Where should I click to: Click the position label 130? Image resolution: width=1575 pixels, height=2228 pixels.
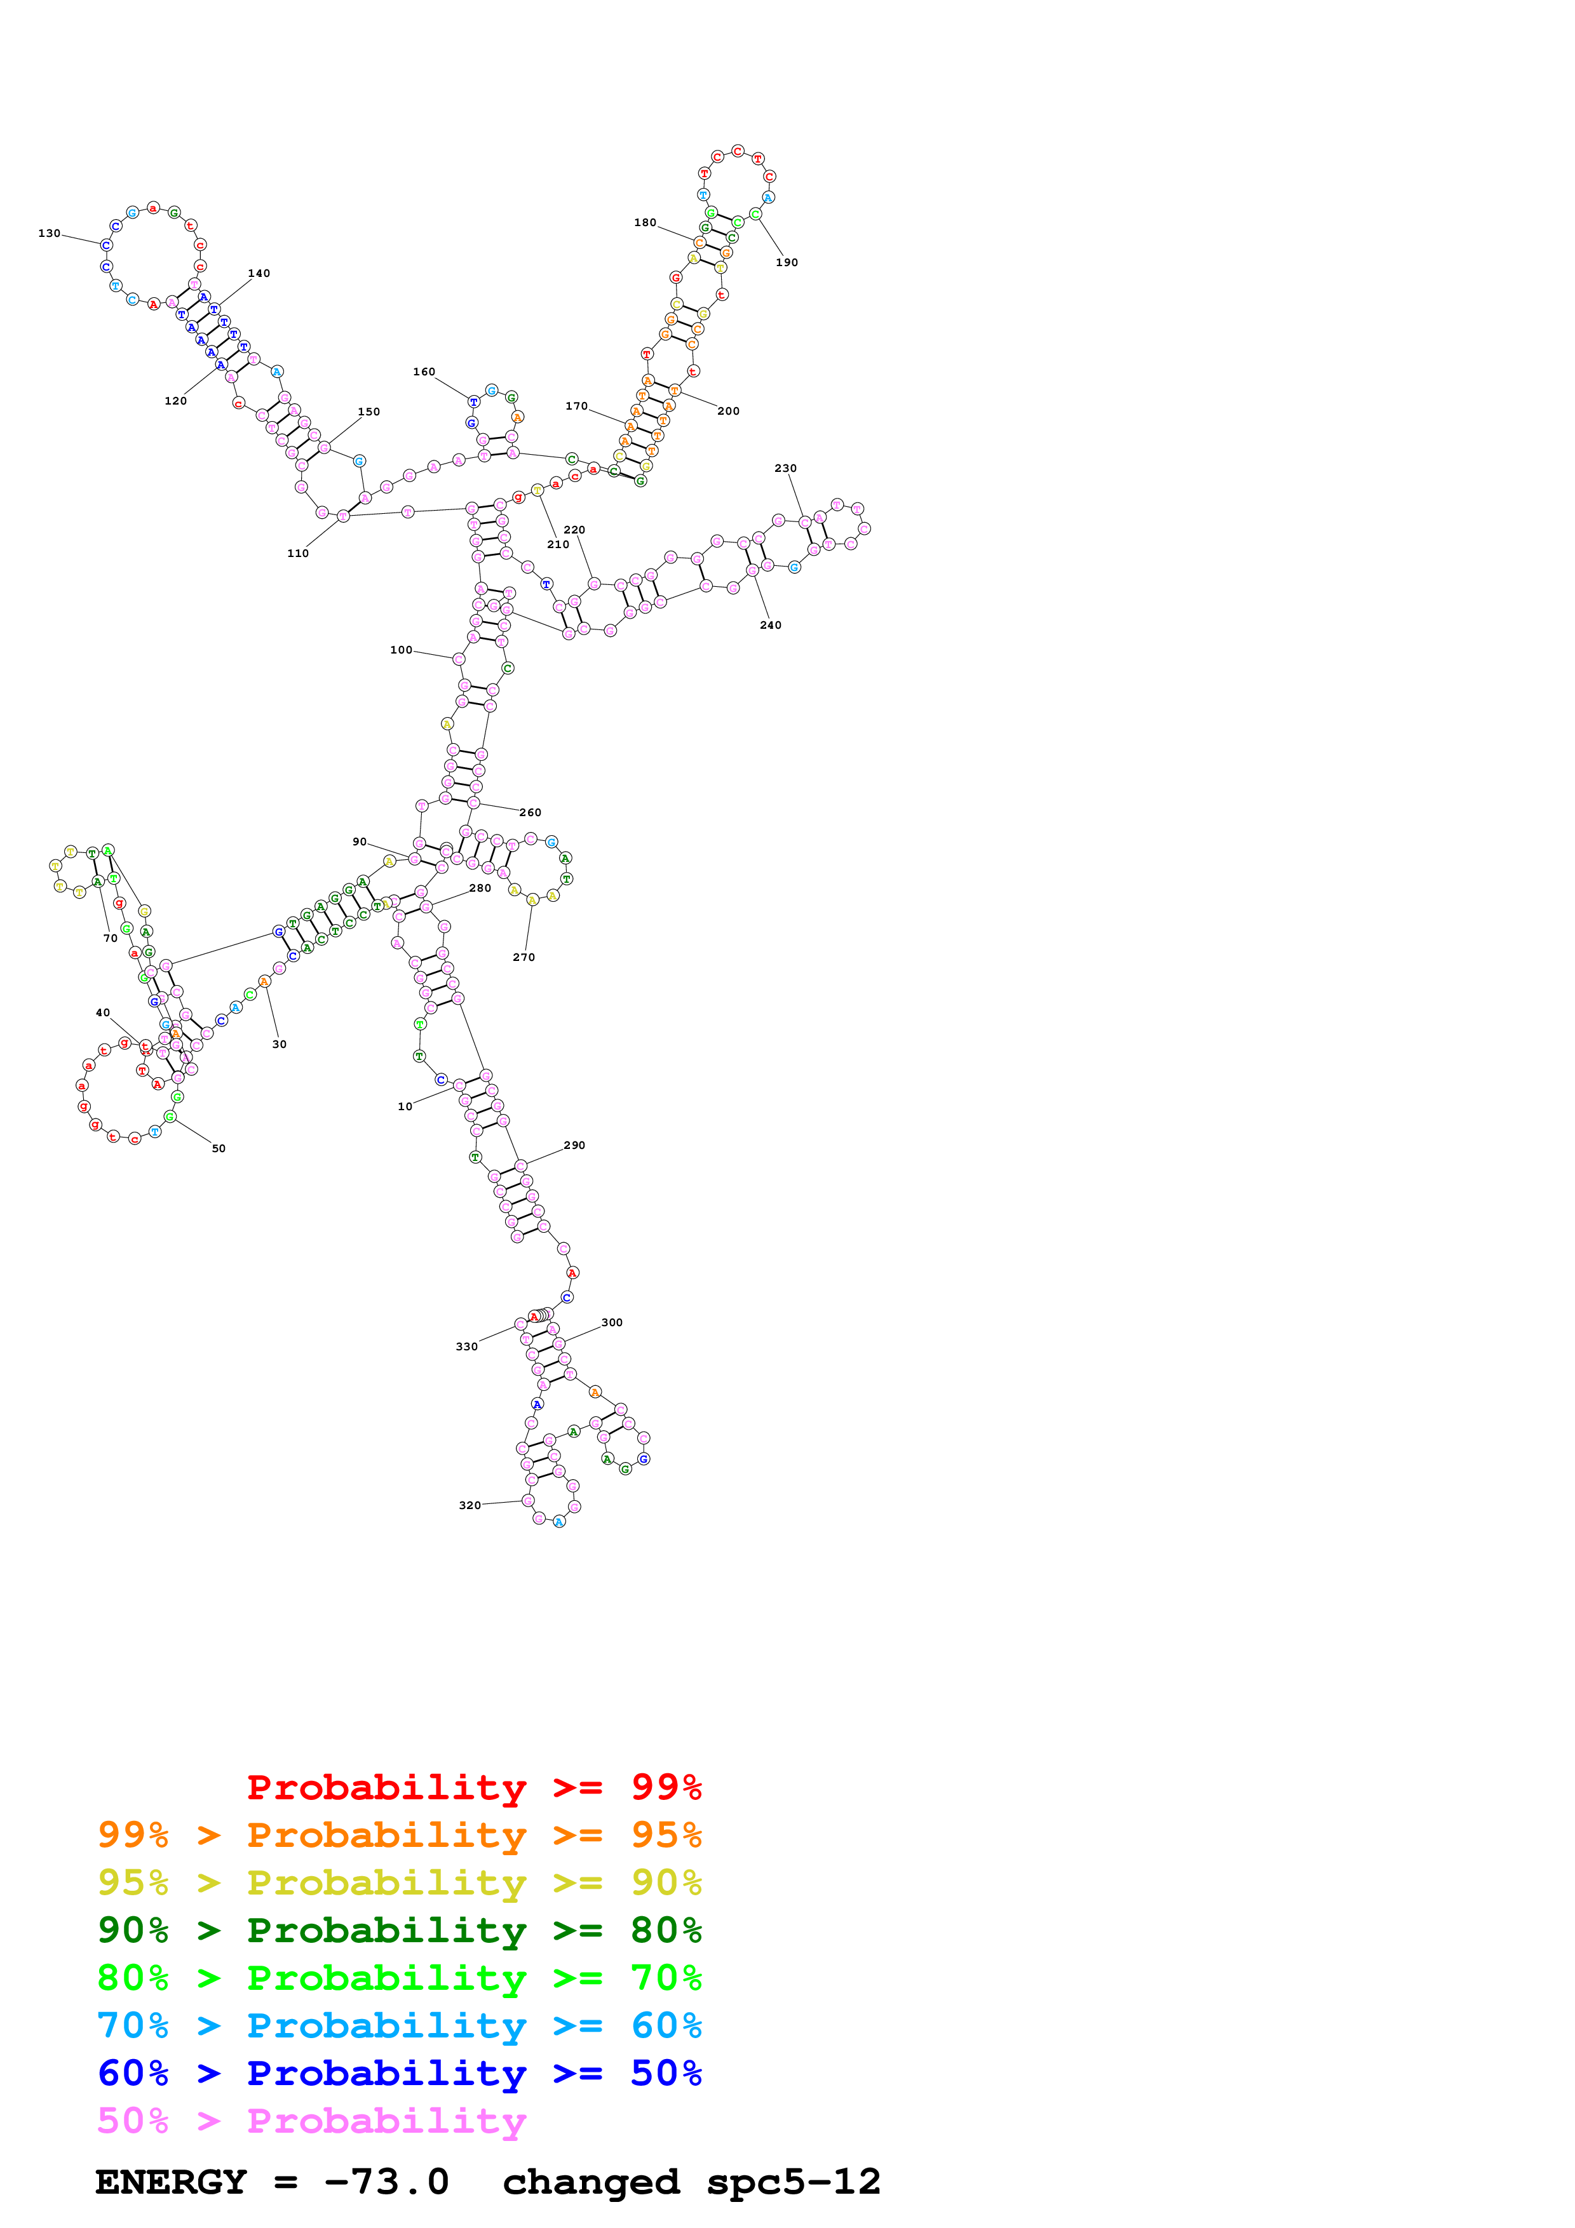[48, 234]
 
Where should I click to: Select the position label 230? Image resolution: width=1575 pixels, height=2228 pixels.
[785, 469]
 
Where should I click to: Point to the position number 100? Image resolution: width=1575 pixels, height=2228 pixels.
[401, 650]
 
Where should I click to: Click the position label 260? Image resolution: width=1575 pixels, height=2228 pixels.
[530, 813]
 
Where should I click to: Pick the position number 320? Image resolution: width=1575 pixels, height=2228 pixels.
[470, 1506]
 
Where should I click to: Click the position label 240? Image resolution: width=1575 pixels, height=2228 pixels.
[771, 626]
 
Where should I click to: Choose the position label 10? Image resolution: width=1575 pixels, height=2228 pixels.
[405, 1107]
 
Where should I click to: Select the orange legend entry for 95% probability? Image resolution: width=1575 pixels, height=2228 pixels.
[399, 1835]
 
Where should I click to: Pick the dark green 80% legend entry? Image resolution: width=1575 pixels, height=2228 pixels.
[399, 1930]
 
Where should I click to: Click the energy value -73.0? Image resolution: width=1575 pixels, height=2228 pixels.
[386, 2182]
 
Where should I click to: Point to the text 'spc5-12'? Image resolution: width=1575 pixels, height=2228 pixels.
[793, 2182]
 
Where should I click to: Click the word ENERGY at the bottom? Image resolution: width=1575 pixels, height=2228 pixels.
[171, 2182]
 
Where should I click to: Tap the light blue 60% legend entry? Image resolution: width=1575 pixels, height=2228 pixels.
[399, 2025]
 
